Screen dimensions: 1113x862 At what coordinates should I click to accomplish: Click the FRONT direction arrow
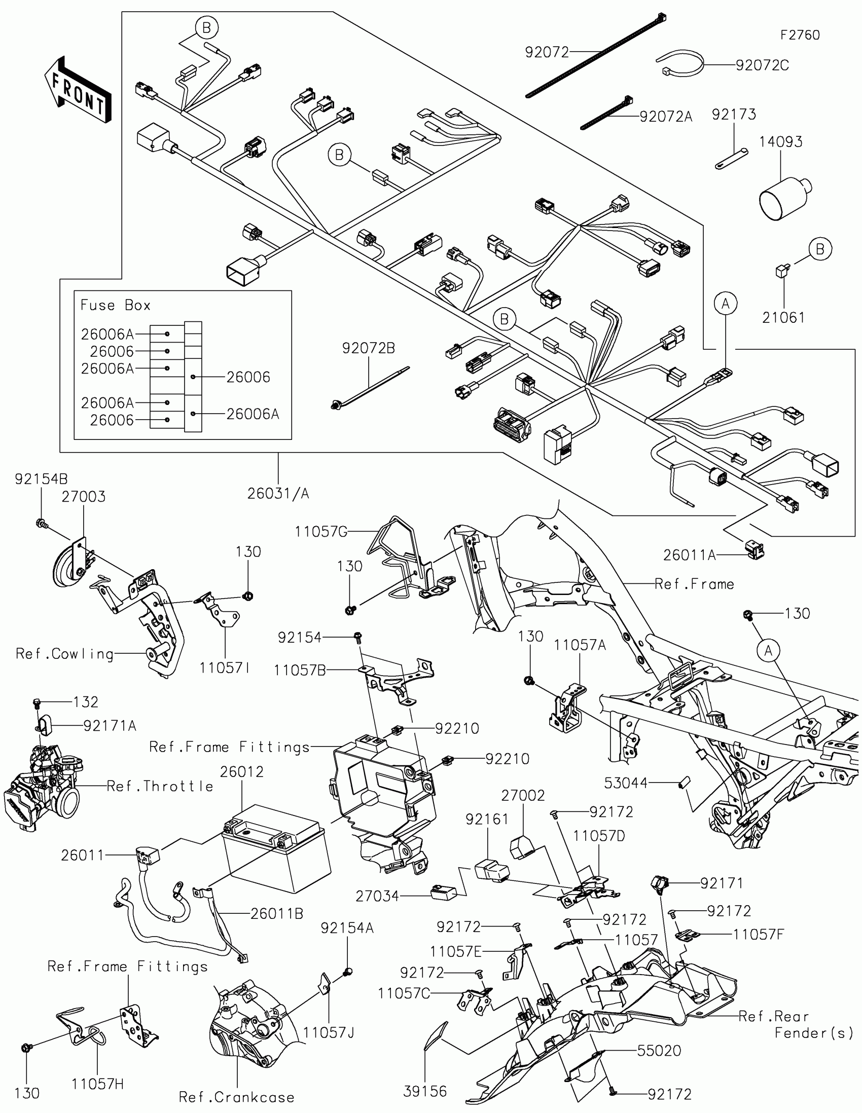click(78, 90)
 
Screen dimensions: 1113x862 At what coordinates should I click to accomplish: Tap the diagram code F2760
click(800, 35)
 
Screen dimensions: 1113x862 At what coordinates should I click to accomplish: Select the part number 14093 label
click(780, 142)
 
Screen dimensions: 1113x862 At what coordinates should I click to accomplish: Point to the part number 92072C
click(762, 65)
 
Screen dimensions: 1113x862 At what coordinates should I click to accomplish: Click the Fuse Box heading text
click(116, 305)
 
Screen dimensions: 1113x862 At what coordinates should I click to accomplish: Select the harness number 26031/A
click(278, 493)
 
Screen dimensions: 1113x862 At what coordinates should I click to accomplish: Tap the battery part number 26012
click(242, 771)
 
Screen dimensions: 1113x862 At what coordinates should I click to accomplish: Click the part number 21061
click(783, 318)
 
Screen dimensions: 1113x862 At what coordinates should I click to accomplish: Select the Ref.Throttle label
click(160, 786)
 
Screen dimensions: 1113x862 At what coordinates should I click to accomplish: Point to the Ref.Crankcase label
click(236, 1097)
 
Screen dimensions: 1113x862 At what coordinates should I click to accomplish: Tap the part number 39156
click(425, 1091)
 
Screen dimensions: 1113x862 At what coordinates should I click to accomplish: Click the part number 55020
click(659, 1051)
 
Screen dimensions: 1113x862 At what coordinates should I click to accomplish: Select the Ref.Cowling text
click(65, 654)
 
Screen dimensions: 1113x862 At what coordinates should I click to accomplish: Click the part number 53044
click(626, 783)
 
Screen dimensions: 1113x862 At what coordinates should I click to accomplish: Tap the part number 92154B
click(41, 479)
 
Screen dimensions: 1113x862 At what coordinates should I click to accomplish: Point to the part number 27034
click(377, 896)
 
